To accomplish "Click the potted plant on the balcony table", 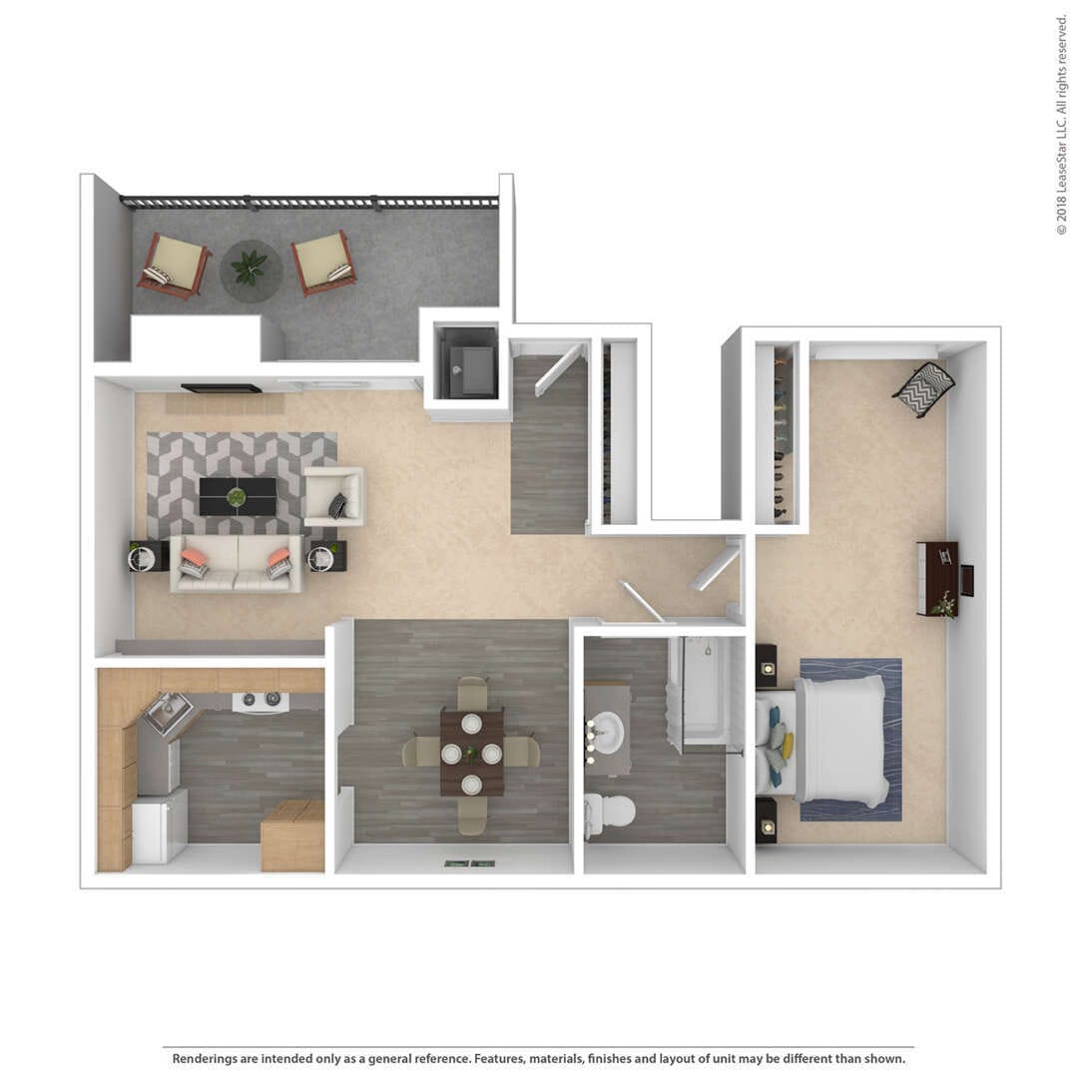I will pos(249,267).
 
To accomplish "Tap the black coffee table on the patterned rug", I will pos(237,496).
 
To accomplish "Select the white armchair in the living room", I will pos(333,496).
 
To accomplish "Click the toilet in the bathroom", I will pos(610,811).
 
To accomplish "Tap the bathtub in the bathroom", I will pos(706,689).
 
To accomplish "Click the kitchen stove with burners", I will pos(261,702).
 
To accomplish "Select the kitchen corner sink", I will pos(167,713).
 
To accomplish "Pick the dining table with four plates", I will pos(471,753).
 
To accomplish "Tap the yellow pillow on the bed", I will pos(788,745).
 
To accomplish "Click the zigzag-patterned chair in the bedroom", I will pos(922,388).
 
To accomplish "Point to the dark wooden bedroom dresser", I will pos(938,578).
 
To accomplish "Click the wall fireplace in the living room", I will pos(221,388).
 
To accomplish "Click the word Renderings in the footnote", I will pos(208,1059).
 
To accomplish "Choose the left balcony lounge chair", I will pos(174,264).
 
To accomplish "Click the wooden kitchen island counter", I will pos(292,835).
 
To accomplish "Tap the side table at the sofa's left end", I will pos(146,556).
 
